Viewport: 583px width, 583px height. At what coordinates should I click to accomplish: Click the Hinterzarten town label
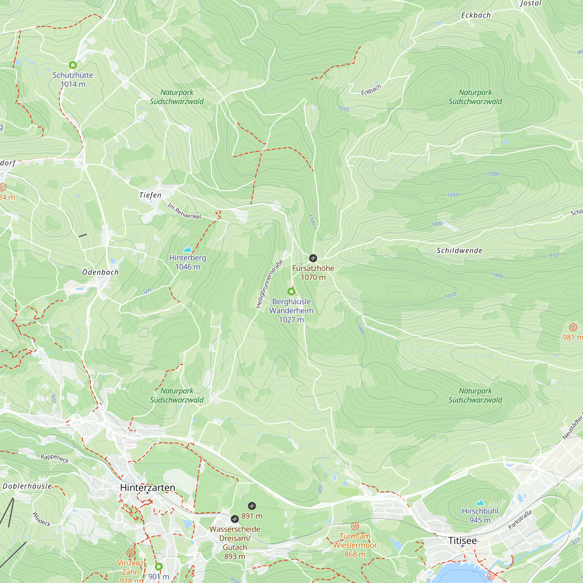[147, 487]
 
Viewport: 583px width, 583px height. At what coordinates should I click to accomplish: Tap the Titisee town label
[462, 540]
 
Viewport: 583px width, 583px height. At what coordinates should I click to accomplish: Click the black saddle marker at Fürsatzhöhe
[313, 258]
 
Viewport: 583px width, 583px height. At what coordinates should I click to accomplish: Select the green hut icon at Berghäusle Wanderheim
[291, 291]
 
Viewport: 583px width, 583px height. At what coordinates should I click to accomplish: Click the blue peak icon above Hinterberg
[187, 249]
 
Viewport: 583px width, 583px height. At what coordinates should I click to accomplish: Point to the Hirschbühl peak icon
[480, 503]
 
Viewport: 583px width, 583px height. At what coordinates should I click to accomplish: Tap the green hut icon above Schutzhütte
[73, 65]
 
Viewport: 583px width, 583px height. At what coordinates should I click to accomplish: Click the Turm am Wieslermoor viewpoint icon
[355, 526]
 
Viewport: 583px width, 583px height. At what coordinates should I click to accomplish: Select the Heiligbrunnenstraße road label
[269, 284]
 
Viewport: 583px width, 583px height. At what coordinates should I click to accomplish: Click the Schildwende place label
[459, 250]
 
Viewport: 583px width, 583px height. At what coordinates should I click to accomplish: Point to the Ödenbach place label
[101, 272]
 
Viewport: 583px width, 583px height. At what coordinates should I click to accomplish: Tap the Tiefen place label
[150, 195]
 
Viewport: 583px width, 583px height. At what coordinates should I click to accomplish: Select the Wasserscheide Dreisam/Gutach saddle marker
[235, 519]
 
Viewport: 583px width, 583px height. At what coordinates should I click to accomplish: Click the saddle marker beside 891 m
[252, 506]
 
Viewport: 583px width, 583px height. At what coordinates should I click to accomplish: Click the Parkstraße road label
[520, 520]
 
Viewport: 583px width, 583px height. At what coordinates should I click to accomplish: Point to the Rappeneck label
[55, 458]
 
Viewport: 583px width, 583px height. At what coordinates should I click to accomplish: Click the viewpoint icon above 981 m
[573, 327]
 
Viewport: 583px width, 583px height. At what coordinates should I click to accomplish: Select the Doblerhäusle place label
[27, 486]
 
